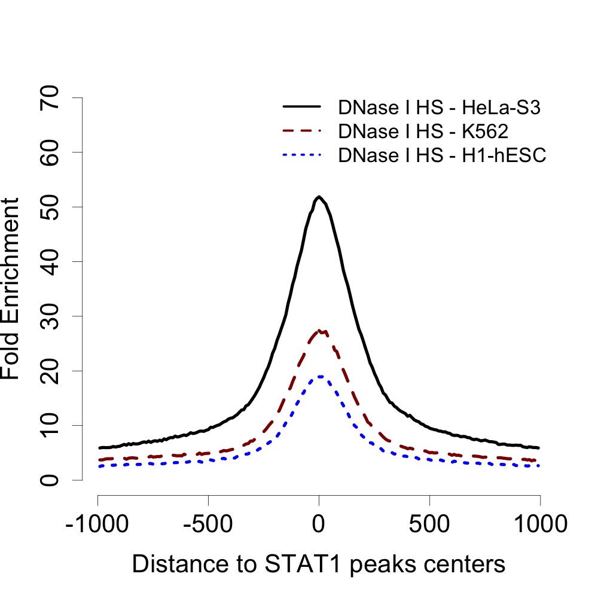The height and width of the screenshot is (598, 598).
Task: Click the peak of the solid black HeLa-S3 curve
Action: click(319, 197)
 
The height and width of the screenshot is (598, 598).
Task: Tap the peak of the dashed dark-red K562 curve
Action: click(321, 330)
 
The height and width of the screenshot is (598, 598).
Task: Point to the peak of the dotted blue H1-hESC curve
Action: click(321, 376)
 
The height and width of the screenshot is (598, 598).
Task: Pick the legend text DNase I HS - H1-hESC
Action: click(443, 155)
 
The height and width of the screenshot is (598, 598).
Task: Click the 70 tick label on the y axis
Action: click(50, 97)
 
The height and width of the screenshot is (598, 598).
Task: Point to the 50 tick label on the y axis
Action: click(50, 207)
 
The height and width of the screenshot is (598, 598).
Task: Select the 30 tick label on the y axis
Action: click(50, 316)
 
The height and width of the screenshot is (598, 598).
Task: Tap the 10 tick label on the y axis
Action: click(50, 425)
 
